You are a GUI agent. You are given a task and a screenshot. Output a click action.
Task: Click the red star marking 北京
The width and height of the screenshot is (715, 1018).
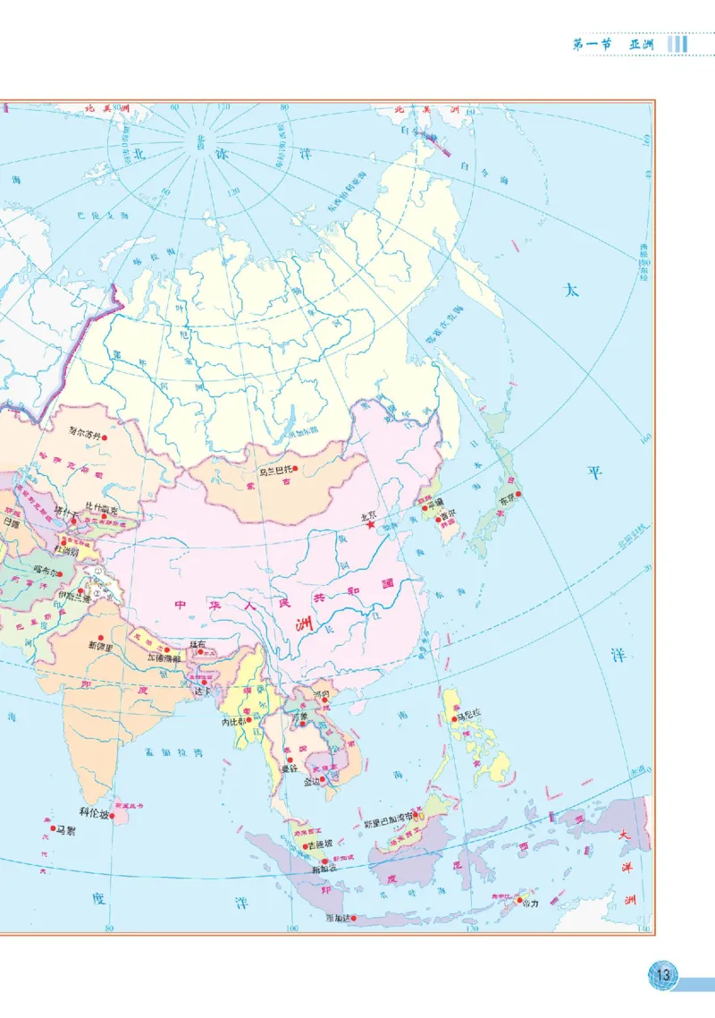[x=371, y=526]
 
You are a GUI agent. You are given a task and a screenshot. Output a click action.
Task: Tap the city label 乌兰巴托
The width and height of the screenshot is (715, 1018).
[x=273, y=469]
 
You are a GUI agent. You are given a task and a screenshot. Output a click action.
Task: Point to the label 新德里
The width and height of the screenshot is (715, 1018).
[x=101, y=644]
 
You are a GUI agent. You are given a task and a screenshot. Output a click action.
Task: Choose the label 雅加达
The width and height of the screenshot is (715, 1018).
[x=338, y=918]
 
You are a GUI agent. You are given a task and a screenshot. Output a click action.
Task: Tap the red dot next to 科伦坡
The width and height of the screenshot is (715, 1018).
[x=113, y=815]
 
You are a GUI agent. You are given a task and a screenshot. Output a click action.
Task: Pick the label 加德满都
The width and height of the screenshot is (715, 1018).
[x=166, y=658]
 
